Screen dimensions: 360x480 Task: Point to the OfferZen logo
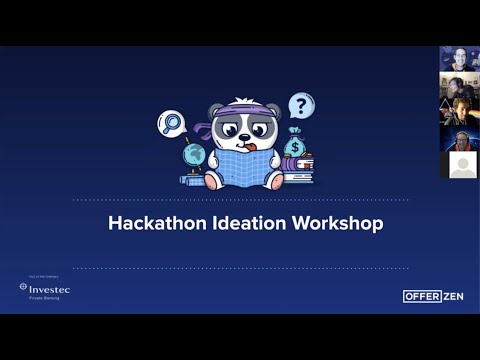(433, 296)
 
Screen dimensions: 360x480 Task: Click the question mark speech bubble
(301, 105)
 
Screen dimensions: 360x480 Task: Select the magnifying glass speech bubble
(170, 123)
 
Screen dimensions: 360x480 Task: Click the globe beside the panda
(194, 156)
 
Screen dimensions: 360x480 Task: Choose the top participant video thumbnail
(459, 59)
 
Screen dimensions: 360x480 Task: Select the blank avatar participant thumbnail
(459, 165)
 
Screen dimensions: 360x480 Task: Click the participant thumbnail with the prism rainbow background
(459, 112)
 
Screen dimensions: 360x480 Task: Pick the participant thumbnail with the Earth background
(459, 139)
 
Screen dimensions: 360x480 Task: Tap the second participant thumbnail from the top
(459, 86)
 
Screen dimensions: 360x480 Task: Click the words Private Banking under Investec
(44, 298)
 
